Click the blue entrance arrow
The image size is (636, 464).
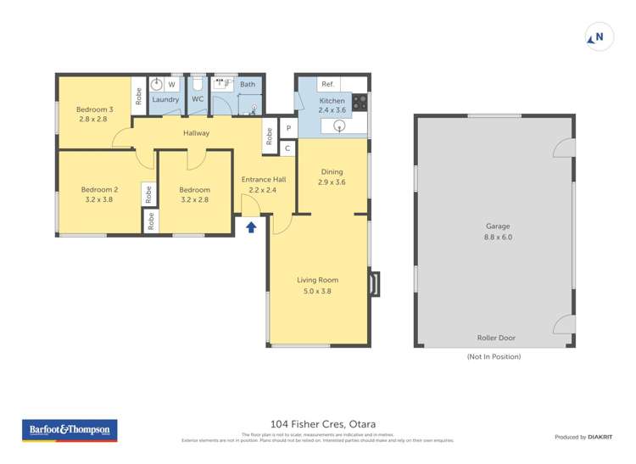point(251,226)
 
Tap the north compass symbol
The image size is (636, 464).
point(599,37)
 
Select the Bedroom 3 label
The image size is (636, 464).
point(94,109)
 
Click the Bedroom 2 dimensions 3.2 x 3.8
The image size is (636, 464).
point(99,199)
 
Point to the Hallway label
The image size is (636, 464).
point(196,133)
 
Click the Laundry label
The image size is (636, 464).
point(165,100)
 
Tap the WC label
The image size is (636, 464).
point(198,99)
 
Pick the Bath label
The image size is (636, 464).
point(248,85)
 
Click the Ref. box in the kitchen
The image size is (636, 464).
point(328,85)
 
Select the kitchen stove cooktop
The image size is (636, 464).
point(360,102)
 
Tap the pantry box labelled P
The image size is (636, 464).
point(287,129)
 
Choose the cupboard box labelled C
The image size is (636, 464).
point(287,148)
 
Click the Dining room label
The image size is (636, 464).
point(331,172)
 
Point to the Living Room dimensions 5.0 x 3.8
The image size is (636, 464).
point(317,291)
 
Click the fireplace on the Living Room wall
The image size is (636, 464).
point(374,283)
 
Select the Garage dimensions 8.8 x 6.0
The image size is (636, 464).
point(498,238)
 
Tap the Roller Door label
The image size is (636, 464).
point(495,338)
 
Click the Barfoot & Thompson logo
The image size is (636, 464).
point(70,430)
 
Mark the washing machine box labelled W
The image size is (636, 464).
point(171,85)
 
